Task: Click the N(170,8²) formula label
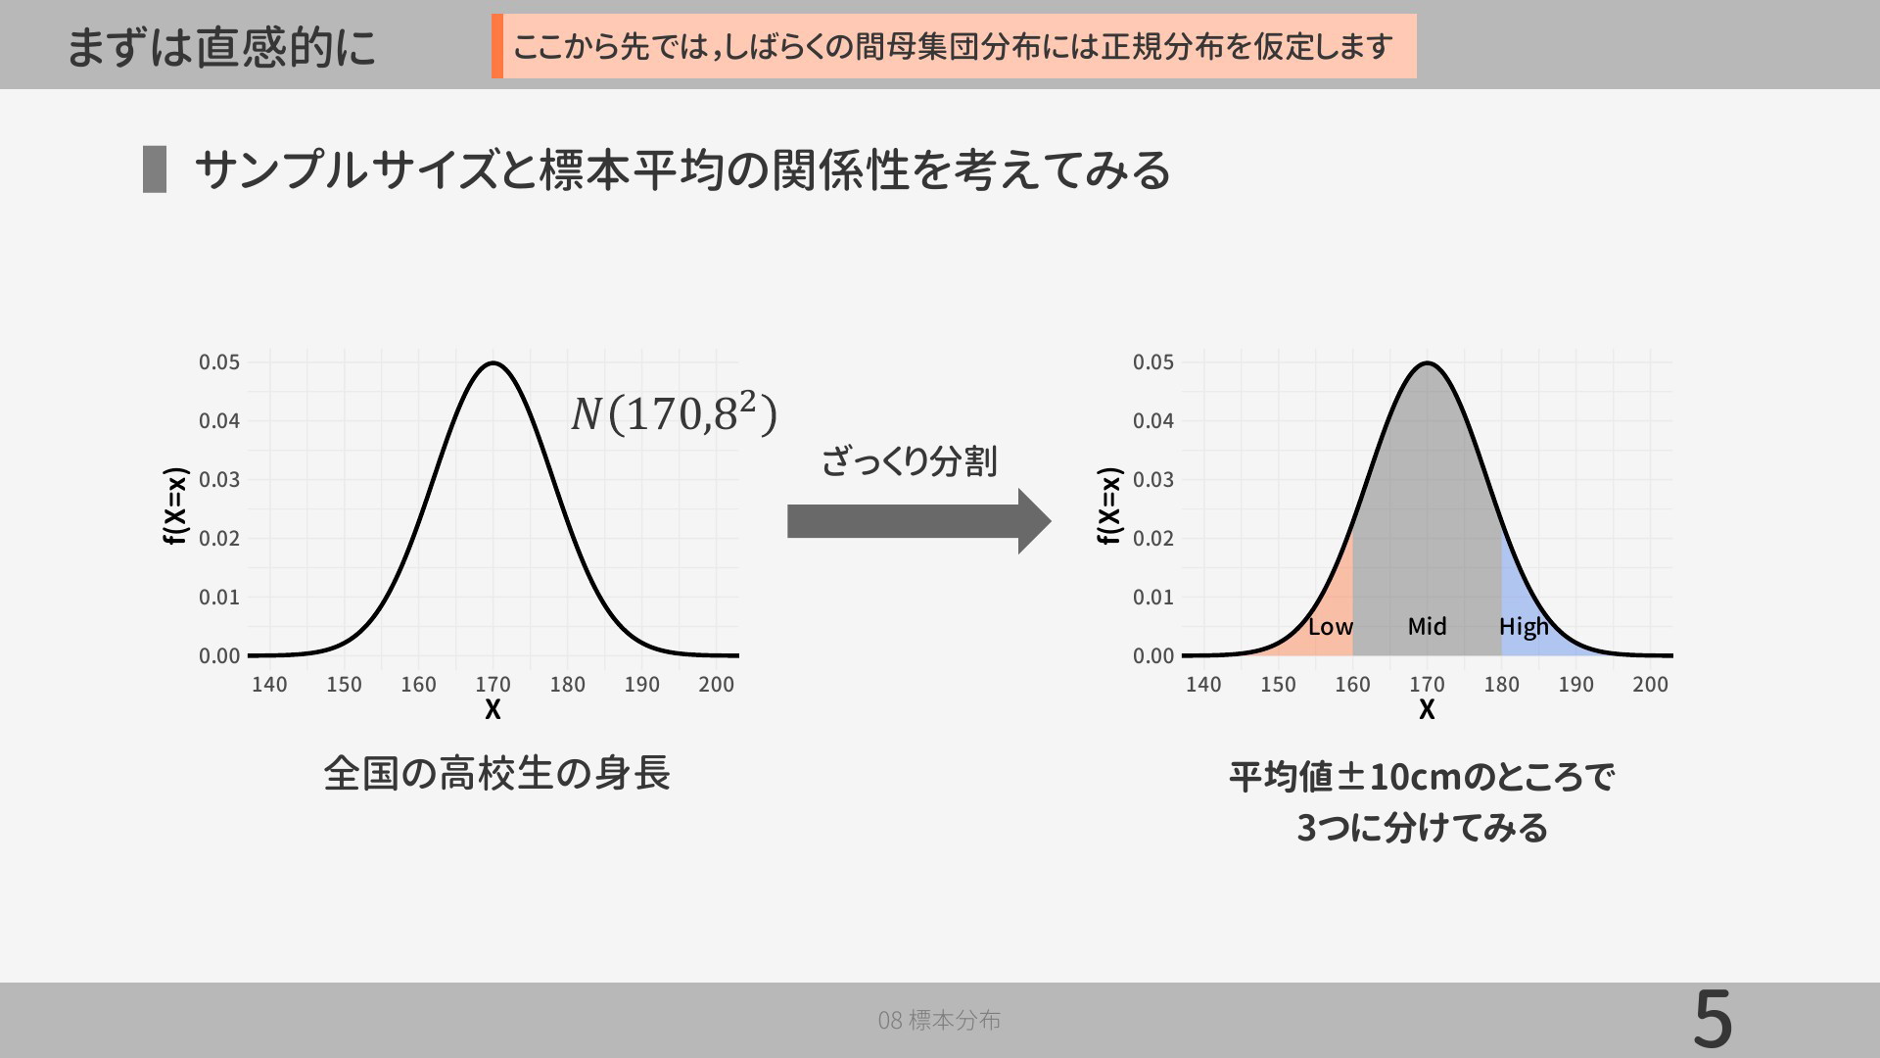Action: tap(674, 411)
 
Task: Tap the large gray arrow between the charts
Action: tap(918, 521)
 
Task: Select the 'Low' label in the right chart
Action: tap(1331, 627)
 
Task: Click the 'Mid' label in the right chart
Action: tap(1427, 627)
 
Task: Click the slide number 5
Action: tap(1713, 1020)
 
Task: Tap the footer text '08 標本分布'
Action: tap(939, 1021)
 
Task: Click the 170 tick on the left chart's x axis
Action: tap(493, 685)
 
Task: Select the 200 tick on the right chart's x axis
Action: tap(1650, 685)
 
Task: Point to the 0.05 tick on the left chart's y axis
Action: tap(219, 362)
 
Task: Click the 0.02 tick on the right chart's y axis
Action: tap(1153, 539)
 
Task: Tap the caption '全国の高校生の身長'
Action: tap(496, 773)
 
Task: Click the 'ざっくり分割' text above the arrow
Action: tap(910, 460)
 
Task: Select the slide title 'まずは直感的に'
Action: tap(221, 47)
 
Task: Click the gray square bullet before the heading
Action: tap(155, 169)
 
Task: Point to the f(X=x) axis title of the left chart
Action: tap(174, 505)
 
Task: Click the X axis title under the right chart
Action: tap(1427, 709)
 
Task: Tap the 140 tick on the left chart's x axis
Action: tap(269, 685)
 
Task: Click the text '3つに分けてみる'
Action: tap(1422, 828)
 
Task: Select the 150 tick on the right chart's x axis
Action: tap(1278, 685)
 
